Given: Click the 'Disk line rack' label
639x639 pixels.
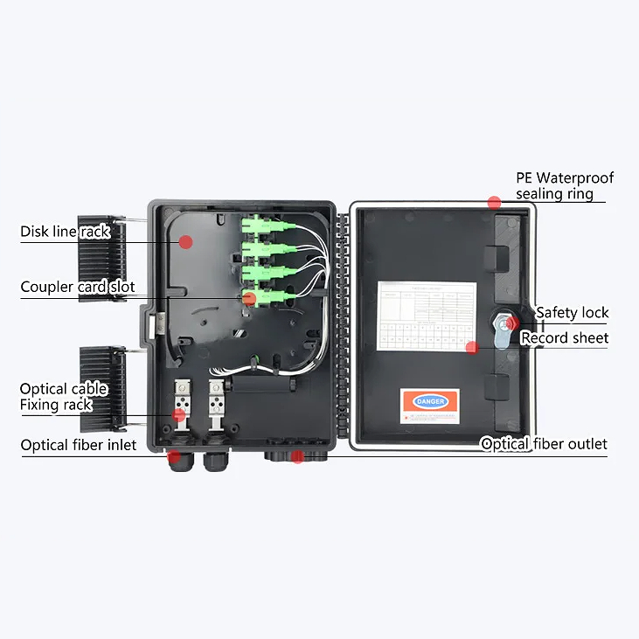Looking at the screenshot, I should tap(65, 232).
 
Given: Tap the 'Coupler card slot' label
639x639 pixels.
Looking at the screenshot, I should tap(78, 287).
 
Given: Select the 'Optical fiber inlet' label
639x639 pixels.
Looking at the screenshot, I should tap(79, 446).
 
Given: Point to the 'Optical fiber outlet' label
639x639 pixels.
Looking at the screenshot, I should tap(544, 444).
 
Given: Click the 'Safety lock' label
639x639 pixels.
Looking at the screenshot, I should tap(573, 313).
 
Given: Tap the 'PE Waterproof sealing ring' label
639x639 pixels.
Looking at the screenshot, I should tap(565, 185).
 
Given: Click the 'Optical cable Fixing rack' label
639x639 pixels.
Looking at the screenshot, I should tap(64, 397).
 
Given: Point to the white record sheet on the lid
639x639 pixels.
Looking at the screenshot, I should tap(427, 315).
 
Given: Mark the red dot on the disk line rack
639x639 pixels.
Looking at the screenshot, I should tap(185, 241).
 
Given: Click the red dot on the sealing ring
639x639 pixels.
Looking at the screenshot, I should tap(494, 202).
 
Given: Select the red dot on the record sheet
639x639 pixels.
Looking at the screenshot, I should tap(472, 347).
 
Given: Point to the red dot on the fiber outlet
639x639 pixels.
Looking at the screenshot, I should tap(297, 456).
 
